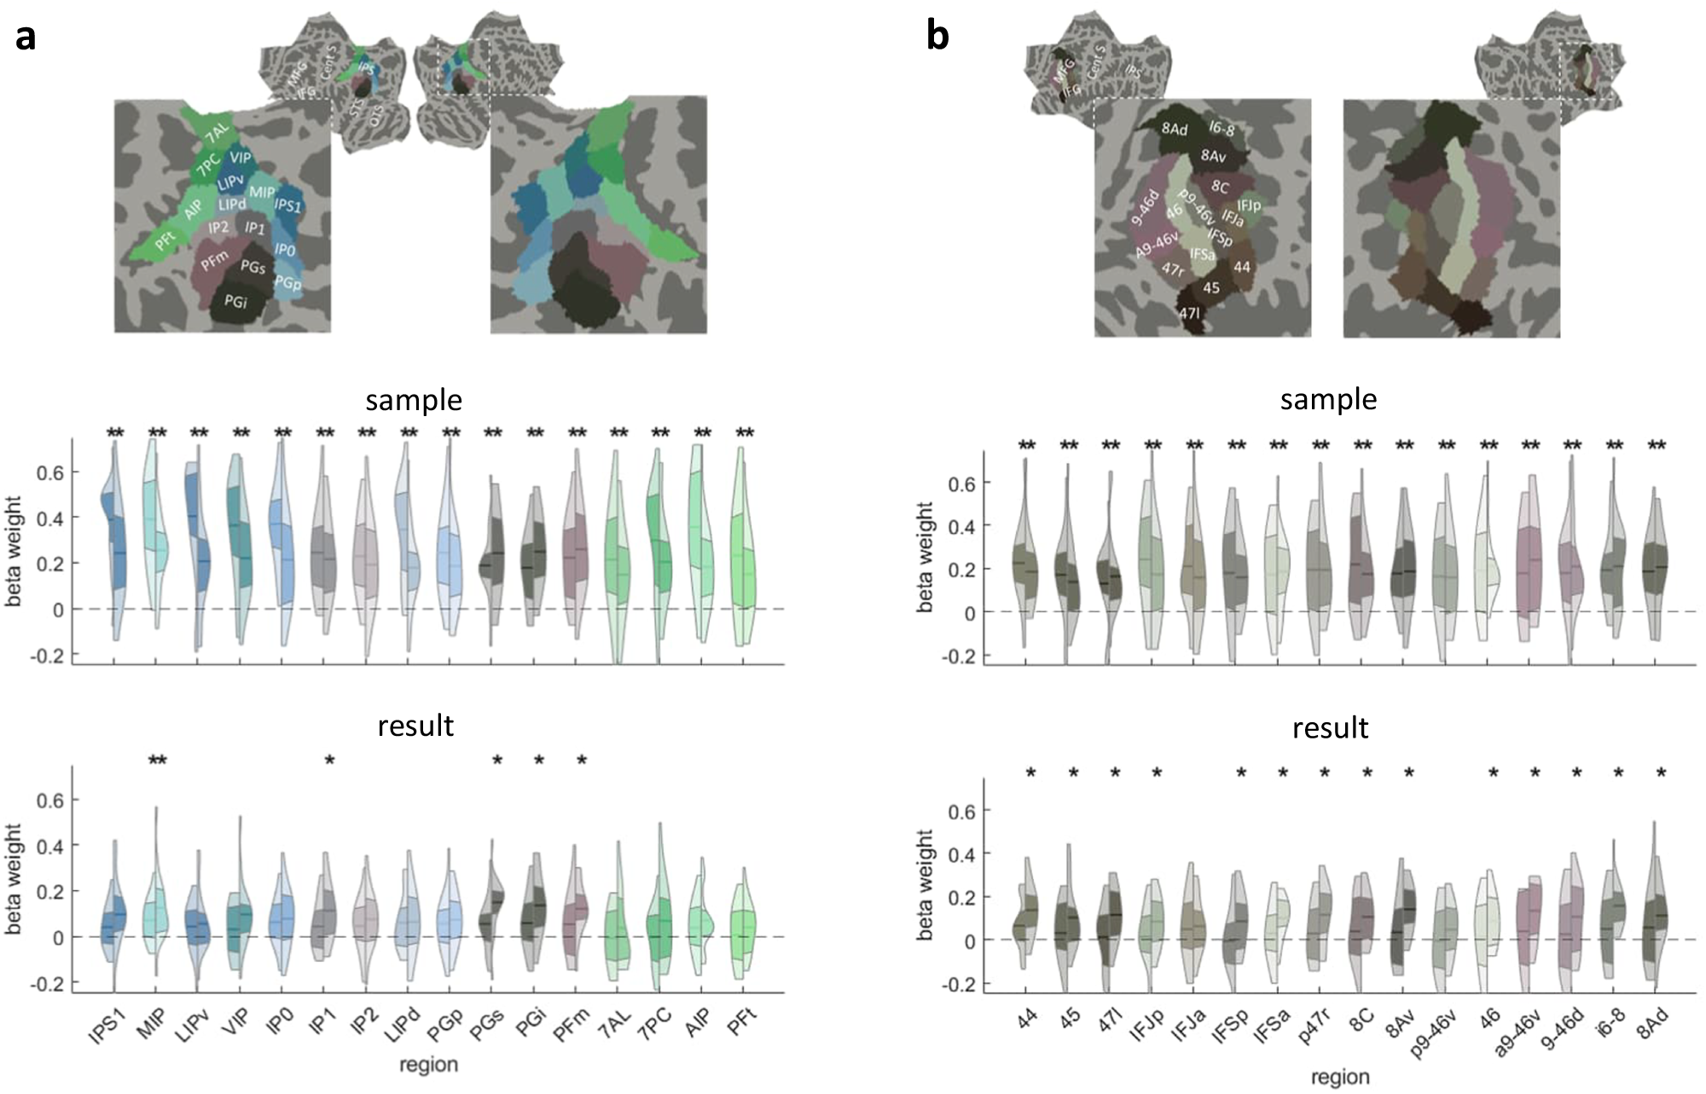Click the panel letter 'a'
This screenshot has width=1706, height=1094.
(x=26, y=38)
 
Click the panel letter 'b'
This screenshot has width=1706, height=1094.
(x=937, y=38)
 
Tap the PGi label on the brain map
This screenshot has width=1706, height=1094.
(x=235, y=300)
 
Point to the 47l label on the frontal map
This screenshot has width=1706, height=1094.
(x=1190, y=314)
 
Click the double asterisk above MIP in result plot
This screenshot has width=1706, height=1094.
(x=157, y=761)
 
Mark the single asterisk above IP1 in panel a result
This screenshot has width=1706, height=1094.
(x=329, y=761)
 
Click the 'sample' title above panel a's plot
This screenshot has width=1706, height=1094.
(x=414, y=400)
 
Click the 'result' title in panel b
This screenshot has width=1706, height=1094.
(x=1330, y=727)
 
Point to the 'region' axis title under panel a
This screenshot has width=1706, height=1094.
(x=429, y=1064)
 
